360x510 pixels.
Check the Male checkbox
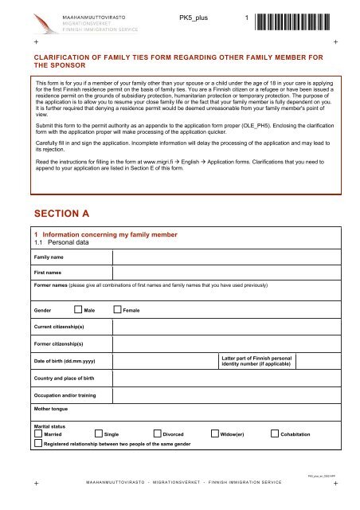(x=77, y=309)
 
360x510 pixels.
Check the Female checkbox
(x=118, y=309)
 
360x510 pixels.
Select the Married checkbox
(x=37, y=433)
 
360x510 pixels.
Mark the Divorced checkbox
(x=156, y=433)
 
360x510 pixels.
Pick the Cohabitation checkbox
(x=275, y=433)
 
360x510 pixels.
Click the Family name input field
(x=227, y=258)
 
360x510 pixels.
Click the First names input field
(x=227, y=273)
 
